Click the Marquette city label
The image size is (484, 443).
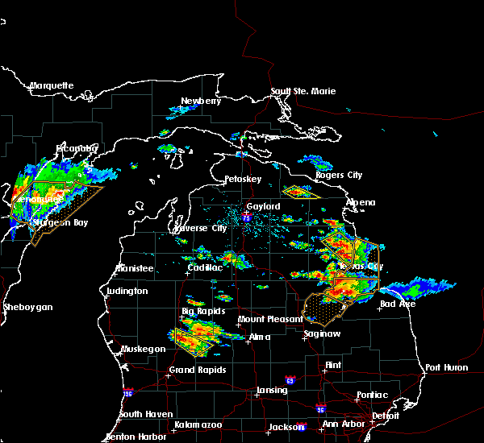(52, 85)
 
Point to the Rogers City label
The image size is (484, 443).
(339, 175)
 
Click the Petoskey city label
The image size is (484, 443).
(244, 178)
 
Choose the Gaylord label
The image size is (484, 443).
(263, 206)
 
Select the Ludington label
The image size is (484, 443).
(127, 291)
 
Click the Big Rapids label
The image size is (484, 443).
(203, 311)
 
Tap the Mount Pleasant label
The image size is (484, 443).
(265, 319)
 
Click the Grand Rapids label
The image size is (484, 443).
(197, 371)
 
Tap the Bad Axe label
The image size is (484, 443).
(398, 304)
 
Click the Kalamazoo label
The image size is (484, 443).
(198, 424)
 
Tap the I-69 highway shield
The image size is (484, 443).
(290, 379)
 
